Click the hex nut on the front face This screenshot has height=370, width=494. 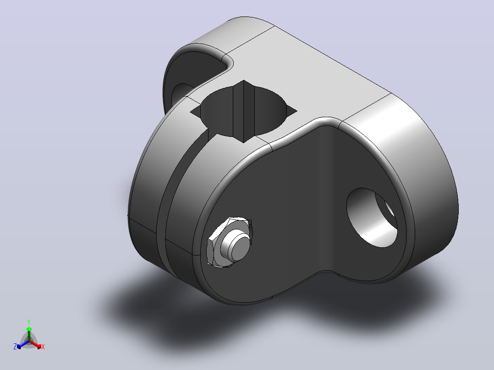coord(230,242)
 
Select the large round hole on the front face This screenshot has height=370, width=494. coord(372,218)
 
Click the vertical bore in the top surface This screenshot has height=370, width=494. coord(243,111)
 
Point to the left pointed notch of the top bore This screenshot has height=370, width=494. coord(195,111)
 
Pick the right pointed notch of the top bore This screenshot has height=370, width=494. coord(292,110)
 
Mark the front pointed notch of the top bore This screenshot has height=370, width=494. coord(243,139)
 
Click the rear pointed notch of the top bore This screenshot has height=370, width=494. coord(243,83)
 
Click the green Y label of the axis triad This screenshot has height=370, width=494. coord(29,322)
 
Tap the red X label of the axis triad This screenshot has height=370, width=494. coord(43,347)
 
